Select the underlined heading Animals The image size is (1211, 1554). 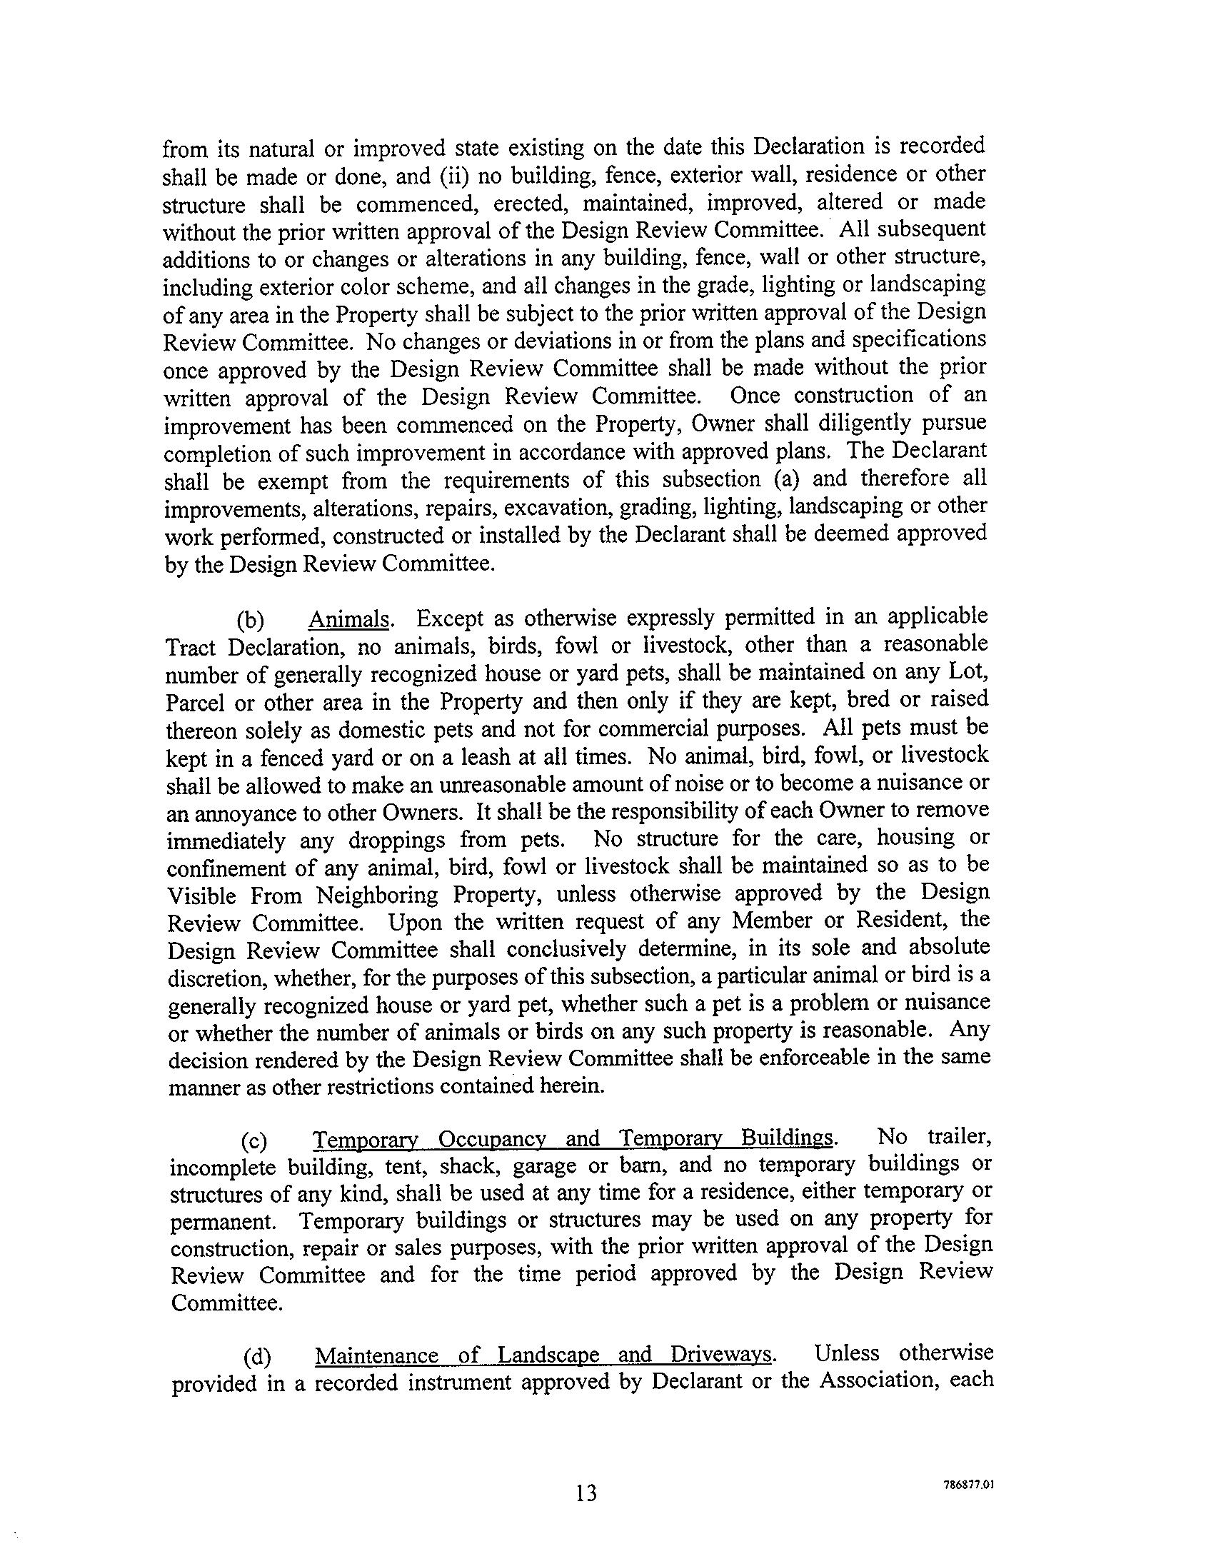click(x=349, y=618)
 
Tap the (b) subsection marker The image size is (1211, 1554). click(x=250, y=620)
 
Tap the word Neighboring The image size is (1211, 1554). click(x=377, y=895)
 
